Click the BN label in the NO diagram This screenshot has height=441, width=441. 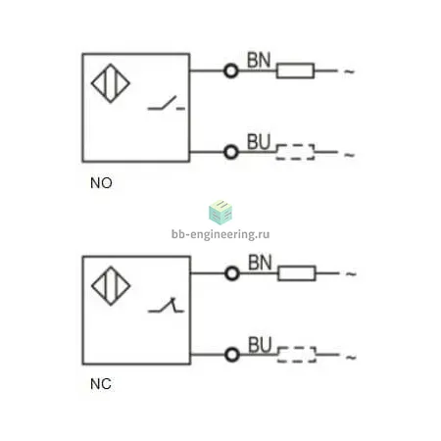tap(259, 60)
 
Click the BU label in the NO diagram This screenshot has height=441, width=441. tap(259, 142)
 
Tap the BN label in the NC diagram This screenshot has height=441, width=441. tap(260, 263)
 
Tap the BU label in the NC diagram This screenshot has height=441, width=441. tap(260, 345)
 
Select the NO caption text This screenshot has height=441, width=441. tap(101, 183)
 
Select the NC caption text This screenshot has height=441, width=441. tap(101, 384)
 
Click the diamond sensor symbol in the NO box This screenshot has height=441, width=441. tap(111, 83)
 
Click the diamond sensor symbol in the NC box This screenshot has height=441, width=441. tap(111, 286)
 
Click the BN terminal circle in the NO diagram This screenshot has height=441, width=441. tap(231, 71)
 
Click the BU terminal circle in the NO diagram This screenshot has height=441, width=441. tap(231, 152)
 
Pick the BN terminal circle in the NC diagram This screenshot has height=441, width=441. tap(232, 273)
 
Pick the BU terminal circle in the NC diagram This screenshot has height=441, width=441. tap(232, 355)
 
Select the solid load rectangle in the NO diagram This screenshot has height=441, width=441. tap(295, 71)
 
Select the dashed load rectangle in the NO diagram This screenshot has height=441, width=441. tap(295, 152)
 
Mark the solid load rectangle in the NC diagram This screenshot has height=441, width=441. tap(297, 273)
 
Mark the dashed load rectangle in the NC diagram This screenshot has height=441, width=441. tap(297, 355)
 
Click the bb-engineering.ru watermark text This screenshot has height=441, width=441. tap(220, 234)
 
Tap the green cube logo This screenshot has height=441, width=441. tap(220, 212)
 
